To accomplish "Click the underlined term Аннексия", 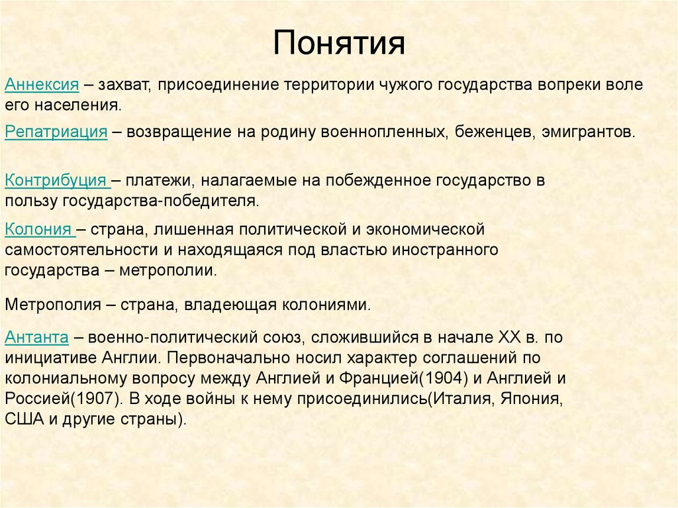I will tap(42, 85).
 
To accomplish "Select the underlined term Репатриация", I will tap(56, 132).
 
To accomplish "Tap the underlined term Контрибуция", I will tap(56, 180).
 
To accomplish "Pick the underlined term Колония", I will tap(38, 229).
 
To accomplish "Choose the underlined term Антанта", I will tap(37, 337).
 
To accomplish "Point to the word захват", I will tap(124, 85).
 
